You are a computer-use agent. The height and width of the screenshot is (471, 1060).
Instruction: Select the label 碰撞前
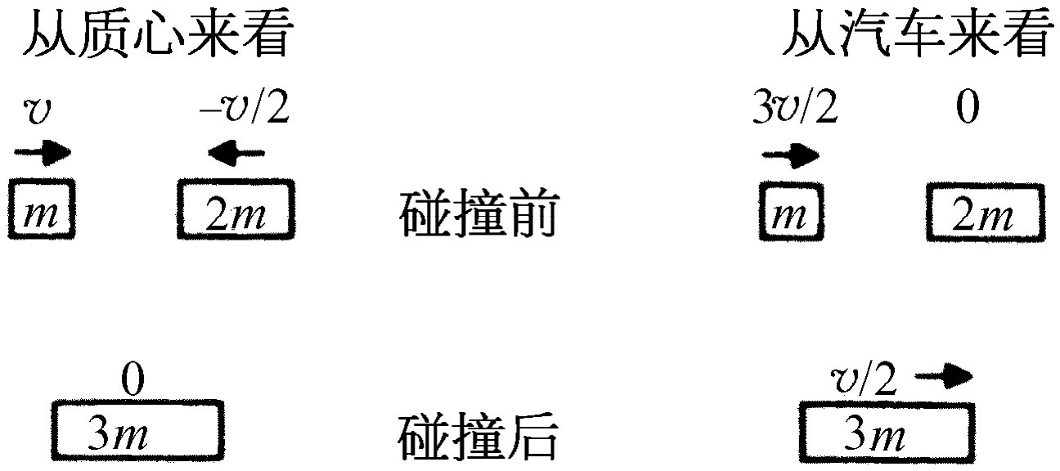click(479, 213)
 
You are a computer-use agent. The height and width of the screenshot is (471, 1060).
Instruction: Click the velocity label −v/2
click(245, 107)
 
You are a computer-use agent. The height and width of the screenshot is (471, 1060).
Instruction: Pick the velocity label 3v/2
click(795, 107)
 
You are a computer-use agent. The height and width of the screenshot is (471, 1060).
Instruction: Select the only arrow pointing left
click(236, 153)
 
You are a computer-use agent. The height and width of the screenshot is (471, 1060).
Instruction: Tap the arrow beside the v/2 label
click(944, 376)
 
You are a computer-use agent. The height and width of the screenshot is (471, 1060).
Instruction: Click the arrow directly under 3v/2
click(790, 155)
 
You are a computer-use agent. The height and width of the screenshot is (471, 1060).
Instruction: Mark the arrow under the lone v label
click(43, 153)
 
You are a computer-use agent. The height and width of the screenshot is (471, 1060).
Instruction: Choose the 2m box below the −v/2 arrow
click(236, 209)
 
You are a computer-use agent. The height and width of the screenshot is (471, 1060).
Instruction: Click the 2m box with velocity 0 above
click(986, 213)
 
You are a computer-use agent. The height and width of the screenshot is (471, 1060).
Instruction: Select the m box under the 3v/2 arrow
click(791, 212)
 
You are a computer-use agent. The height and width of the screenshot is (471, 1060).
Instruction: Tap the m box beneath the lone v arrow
click(42, 208)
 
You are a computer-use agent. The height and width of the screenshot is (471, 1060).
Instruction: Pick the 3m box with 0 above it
click(137, 430)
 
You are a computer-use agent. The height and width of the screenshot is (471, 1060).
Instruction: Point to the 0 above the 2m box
click(968, 107)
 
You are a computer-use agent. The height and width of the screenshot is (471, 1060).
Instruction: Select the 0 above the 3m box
click(133, 379)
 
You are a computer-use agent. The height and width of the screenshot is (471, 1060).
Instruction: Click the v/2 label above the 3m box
click(864, 379)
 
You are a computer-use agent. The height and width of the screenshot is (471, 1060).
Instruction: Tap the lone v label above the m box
click(37, 112)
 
